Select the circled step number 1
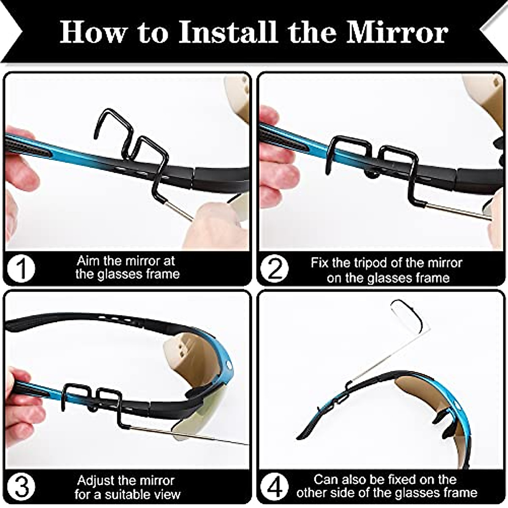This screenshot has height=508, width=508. [x=21, y=268]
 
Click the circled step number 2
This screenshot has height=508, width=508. [x=275, y=269]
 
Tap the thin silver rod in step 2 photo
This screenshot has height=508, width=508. [x=457, y=211]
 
